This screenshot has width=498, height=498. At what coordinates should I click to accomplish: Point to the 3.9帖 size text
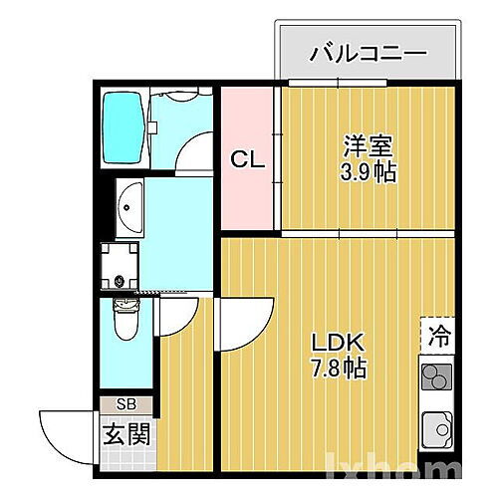coord(369,172)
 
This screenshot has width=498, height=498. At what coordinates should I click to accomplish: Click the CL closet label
coord(248,158)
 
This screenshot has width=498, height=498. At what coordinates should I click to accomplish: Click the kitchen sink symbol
coord(436,431)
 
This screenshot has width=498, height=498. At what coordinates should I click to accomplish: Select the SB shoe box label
coord(127,404)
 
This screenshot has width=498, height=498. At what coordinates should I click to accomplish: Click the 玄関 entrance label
coord(126,434)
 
